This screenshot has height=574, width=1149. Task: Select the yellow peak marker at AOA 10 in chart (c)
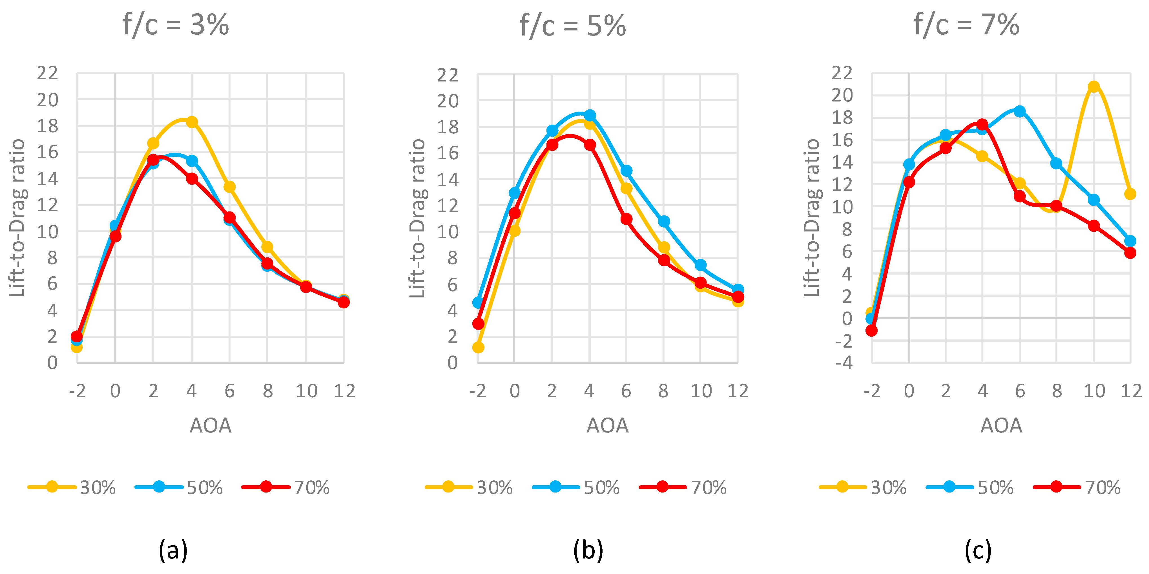(1093, 87)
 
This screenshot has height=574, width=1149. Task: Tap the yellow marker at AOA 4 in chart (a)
(192, 122)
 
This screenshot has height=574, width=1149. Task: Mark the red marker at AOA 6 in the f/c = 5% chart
(626, 219)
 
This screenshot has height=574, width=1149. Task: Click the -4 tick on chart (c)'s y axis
(844, 363)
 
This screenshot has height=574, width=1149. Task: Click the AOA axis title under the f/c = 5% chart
(607, 425)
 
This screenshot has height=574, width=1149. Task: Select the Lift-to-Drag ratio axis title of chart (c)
(812, 218)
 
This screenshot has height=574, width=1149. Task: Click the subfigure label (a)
(173, 550)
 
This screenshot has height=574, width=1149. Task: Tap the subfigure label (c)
(978, 550)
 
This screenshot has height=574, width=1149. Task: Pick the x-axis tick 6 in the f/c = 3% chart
(229, 391)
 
